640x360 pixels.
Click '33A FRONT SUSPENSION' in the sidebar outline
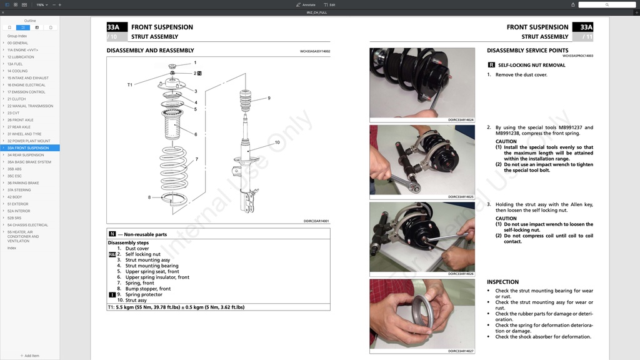28,148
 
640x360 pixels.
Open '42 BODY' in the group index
15,197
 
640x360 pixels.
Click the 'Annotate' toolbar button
306,4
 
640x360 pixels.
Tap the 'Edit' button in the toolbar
329,4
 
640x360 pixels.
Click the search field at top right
606,4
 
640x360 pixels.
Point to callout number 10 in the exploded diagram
277,142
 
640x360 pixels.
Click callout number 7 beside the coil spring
196,159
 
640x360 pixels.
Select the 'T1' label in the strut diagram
130,85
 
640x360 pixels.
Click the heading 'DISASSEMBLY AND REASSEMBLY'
150,51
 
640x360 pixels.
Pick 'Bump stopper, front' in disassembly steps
147,289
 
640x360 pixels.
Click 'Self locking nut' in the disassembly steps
142,254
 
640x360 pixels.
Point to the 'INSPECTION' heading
502,282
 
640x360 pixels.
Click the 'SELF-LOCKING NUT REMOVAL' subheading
531,65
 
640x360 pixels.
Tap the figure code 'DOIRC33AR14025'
461,197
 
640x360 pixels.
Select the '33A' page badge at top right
586,27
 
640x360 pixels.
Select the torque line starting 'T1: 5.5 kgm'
176,307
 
